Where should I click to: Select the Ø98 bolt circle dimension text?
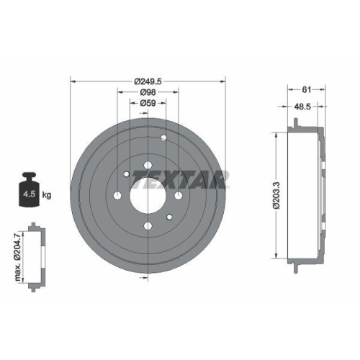tap(148, 93)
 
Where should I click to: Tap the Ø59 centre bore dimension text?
tap(148, 103)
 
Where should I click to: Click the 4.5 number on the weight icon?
tap(30, 195)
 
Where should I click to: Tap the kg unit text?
tap(46, 195)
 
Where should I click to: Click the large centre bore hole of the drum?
tap(148, 195)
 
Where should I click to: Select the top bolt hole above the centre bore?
tap(148, 166)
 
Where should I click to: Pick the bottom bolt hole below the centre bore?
tap(148, 226)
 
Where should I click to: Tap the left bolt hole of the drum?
tap(117, 195)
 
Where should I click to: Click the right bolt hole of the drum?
tap(178, 195)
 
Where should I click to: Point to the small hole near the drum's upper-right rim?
tap(165, 138)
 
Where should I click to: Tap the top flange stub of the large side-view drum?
tap(294, 127)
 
